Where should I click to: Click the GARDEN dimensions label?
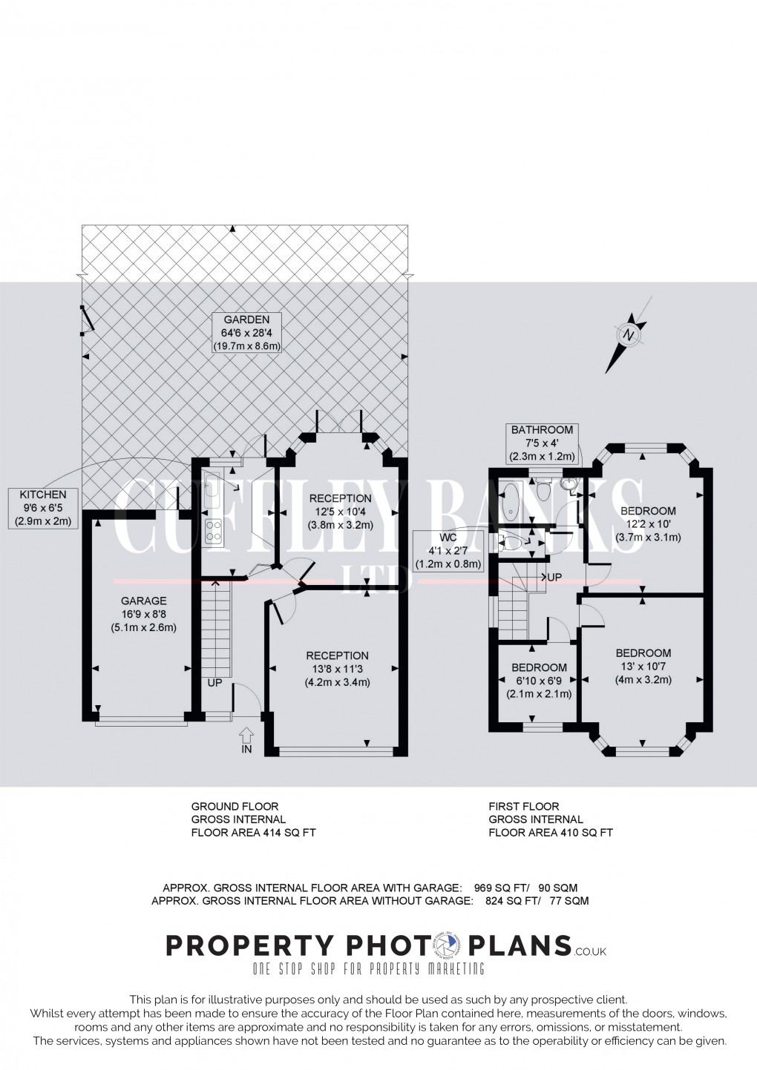pyautogui.click(x=249, y=333)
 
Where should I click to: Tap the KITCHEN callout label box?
pyautogui.click(x=43, y=508)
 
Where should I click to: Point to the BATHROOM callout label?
pyautogui.click(x=543, y=443)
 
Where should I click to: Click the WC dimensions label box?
pyautogui.click(x=450, y=550)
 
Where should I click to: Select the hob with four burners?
pyautogui.click(x=214, y=531)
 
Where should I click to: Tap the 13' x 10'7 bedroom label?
pyautogui.click(x=643, y=666)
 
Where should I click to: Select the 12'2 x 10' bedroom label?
pyautogui.click(x=648, y=524)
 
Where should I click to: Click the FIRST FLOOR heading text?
pyautogui.click(x=524, y=806)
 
